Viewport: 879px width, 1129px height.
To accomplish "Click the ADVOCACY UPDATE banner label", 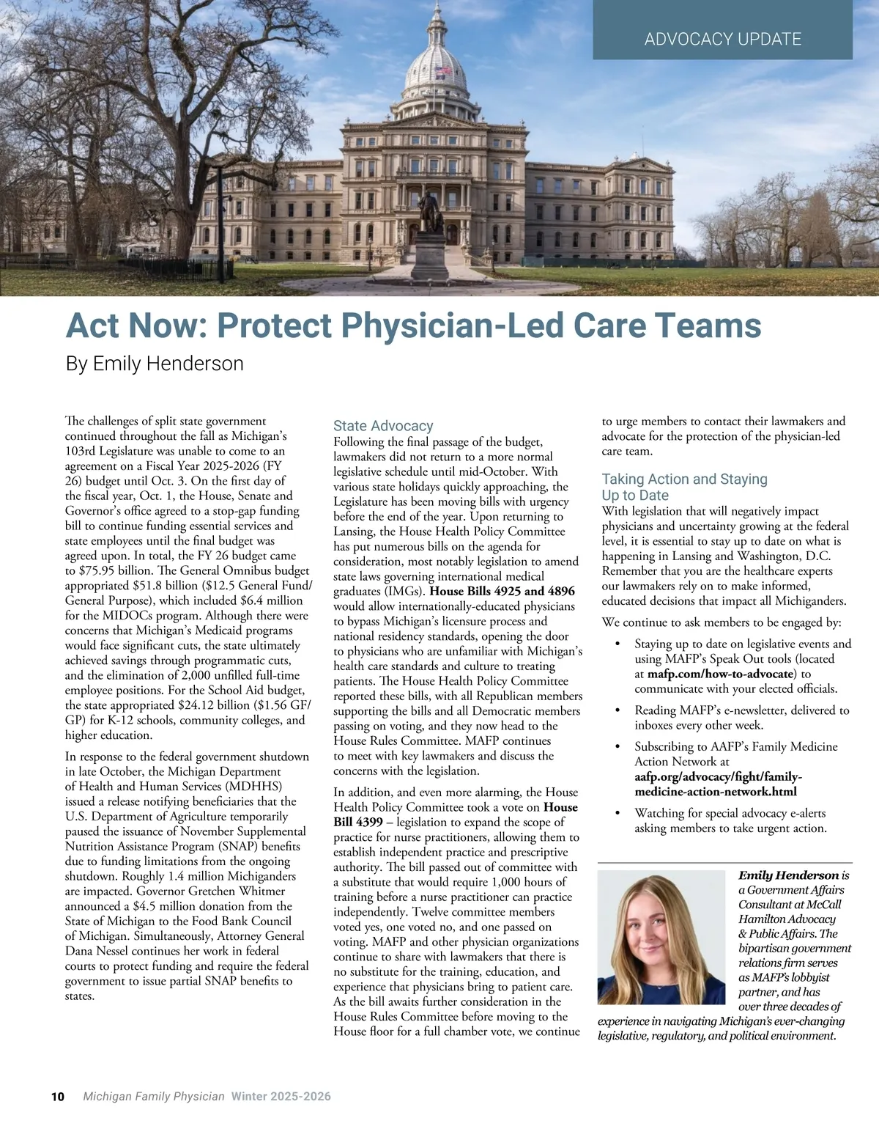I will point(722,39).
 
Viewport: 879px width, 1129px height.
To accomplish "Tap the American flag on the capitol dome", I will point(442,72).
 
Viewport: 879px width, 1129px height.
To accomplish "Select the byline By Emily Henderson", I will point(155,364).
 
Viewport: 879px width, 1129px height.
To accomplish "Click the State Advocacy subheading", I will point(383,426).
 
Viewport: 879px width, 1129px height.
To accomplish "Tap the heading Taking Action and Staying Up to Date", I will point(684,487).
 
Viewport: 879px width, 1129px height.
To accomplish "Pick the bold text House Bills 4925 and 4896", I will point(502,591).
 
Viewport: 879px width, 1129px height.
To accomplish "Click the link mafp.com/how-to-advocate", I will point(721,674).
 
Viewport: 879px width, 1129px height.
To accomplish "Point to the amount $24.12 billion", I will point(217,705).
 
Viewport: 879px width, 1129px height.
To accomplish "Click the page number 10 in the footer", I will point(58,1097).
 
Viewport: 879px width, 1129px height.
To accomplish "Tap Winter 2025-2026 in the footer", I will point(281,1097).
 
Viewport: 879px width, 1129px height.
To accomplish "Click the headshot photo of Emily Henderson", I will point(661,937).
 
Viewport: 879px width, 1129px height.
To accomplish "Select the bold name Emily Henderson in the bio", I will point(788,875).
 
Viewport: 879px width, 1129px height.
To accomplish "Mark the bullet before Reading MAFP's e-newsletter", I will point(618,710).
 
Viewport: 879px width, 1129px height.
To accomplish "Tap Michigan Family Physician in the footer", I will point(154,1097).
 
